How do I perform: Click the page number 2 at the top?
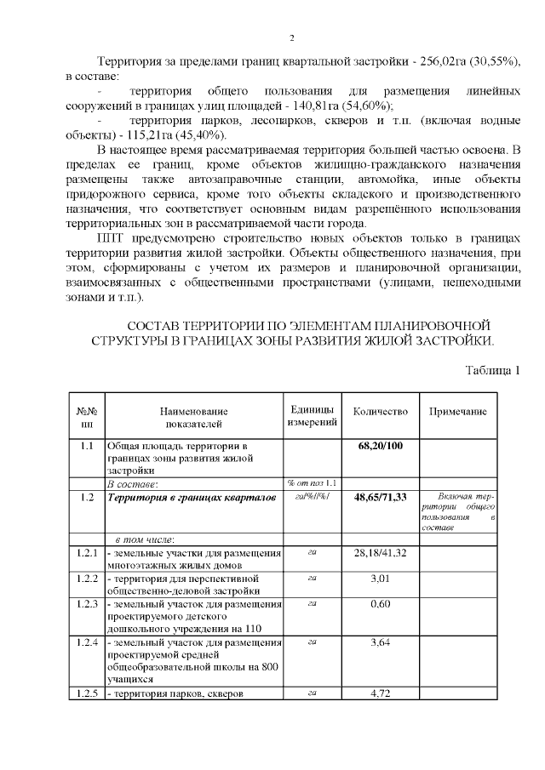pyautogui.click(x=291, y=38)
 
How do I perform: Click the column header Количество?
pyautogui.click(x=380, y=412)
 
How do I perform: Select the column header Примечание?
pyautogui.click(x=457, y=412)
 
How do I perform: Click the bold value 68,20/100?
pyautogui.click(x=380, y=446)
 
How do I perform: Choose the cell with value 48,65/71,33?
pyautogui.click(x=380, y=497)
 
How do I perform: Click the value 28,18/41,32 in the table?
pyautogui.click(x=380, y=553)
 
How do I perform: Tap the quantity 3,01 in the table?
pyautogui.click(x=380, y=579)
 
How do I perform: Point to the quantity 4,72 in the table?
pyautogui.click(x=380, y=693)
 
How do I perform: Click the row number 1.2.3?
pyautogui.click(x=87, y=604)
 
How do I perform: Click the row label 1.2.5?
pyautogui.click(x=87, y=693)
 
